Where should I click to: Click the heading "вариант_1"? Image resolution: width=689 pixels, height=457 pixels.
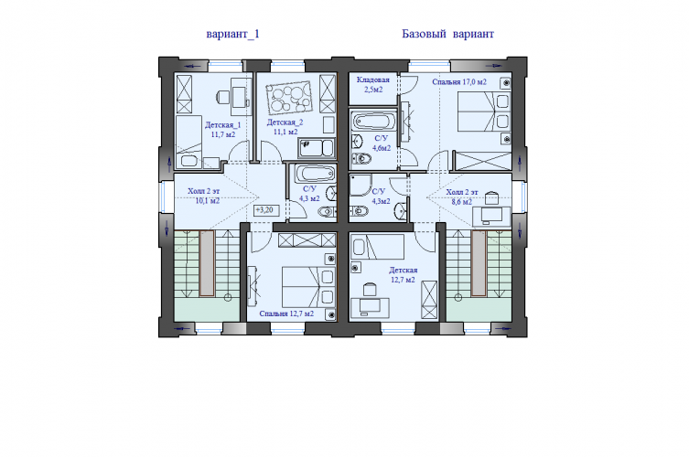tap(233, 34)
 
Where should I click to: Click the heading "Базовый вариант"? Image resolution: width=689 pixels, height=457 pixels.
tap(447, 34)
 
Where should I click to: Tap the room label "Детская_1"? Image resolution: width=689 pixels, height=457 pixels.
tap(222, 125)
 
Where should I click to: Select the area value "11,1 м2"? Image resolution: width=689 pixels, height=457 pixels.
tap(285, 132)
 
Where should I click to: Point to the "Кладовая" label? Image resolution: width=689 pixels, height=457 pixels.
tap(373, 80)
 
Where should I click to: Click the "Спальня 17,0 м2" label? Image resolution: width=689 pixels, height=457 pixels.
tap(459, 82)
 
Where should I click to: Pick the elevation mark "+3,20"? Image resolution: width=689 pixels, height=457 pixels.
tap(264, 210)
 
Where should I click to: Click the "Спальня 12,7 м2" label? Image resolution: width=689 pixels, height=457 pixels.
tap(286, 314)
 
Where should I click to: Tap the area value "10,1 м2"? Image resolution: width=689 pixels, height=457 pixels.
tap(208, 201)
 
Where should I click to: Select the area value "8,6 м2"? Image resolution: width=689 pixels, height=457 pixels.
tap(462, 202)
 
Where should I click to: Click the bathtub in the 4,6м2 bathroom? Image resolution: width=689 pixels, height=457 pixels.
tap(373, 121)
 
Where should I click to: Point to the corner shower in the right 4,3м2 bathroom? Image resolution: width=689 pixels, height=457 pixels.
tap(361, 186)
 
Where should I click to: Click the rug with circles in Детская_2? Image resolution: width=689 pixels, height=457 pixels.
tap(289, 97)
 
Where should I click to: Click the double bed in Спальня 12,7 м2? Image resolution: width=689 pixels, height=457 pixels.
tap(308, 287)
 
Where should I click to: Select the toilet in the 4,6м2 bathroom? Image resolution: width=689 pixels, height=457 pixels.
tap(361, 158)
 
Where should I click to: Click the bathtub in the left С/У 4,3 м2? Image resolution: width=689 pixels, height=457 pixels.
tap(314, 174)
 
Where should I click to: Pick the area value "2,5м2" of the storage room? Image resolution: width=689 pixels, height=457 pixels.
tap(373, 90)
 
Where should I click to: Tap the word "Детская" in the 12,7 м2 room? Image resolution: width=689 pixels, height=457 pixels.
tap(403, 271)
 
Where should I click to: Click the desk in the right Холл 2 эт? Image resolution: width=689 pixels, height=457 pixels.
tap(491, 216)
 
